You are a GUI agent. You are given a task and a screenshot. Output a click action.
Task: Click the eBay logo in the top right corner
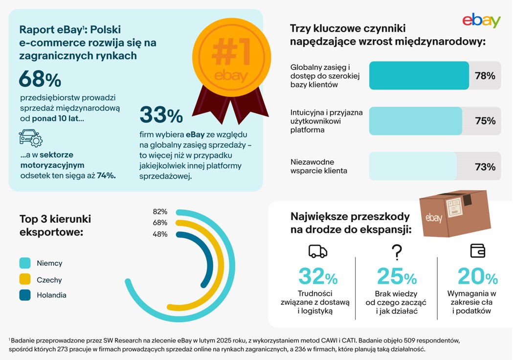[481, 21]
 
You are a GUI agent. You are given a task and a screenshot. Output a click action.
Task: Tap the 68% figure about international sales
[40, 79]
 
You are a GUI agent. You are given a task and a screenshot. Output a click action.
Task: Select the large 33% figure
[161, 115]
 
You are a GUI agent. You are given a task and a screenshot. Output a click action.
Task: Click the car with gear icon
[30, 138]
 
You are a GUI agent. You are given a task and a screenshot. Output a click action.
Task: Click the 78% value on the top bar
[485, 76]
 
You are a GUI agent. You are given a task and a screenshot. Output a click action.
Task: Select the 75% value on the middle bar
[485, 121]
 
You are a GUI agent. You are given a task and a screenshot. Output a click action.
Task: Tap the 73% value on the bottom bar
[485, 167]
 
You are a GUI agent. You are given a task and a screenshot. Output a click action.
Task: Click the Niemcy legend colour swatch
[25, 263]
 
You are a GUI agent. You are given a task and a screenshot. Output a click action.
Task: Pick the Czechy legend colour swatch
[25, 280]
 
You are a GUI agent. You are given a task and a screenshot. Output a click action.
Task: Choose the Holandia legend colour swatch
[25, 295]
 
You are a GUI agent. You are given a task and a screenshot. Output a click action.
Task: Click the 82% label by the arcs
[160, 212]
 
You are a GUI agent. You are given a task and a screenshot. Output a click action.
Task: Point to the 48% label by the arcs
[160, 234]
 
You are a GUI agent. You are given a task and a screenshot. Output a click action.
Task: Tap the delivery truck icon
[317, 251]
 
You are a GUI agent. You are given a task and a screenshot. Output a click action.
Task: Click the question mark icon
[397, 252]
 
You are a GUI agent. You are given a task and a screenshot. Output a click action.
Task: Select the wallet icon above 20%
[477, 251]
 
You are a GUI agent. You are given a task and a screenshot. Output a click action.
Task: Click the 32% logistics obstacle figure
[318, 277]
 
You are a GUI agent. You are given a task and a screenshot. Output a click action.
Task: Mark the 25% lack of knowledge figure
[397, 277]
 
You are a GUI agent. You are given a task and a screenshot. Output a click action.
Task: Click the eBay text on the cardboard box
[434, 218]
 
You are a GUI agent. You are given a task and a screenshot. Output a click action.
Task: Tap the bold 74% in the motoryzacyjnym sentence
[106, 175]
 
